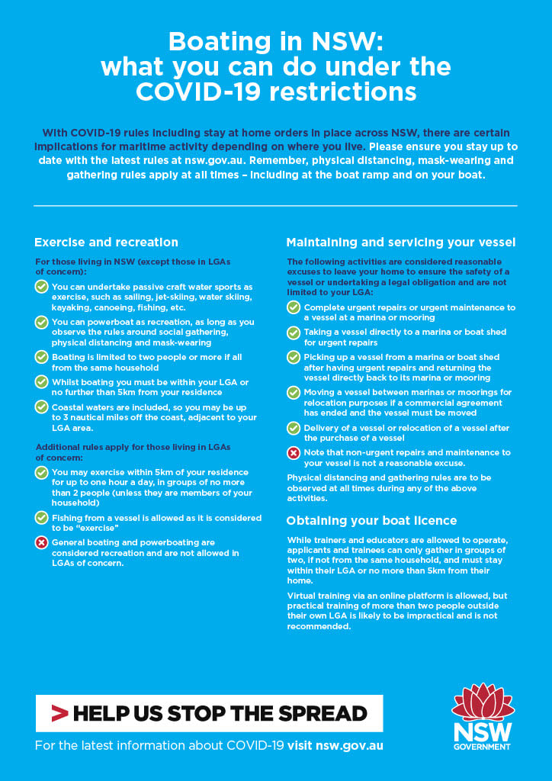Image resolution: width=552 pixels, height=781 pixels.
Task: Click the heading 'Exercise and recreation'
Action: pos(106,243)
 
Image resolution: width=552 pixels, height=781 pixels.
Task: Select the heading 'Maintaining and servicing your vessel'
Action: pos(401,243)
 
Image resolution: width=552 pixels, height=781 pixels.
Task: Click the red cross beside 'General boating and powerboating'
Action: pos(42,543)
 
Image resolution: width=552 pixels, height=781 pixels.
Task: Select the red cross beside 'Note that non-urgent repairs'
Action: pos(294,453)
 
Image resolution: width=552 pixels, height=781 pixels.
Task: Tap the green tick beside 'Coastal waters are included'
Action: pos(42,407)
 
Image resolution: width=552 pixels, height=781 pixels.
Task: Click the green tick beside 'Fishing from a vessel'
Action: pos(42,518)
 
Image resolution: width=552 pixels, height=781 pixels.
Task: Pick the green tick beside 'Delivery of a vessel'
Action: pos(294,429)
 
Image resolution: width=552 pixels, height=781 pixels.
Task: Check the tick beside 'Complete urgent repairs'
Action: pos(294,308)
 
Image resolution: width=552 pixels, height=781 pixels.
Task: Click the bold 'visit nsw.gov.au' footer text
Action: pos(335,745)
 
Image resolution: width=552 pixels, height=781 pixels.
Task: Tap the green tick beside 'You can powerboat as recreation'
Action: pos(42,323)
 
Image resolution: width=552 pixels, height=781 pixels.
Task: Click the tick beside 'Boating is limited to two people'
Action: pos(42,357)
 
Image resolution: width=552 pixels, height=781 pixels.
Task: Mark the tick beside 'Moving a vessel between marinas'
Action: pos(294,393)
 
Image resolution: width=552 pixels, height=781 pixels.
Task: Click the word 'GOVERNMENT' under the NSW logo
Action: pos(482,747)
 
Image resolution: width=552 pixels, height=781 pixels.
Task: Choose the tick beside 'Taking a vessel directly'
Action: pos(294,333)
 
